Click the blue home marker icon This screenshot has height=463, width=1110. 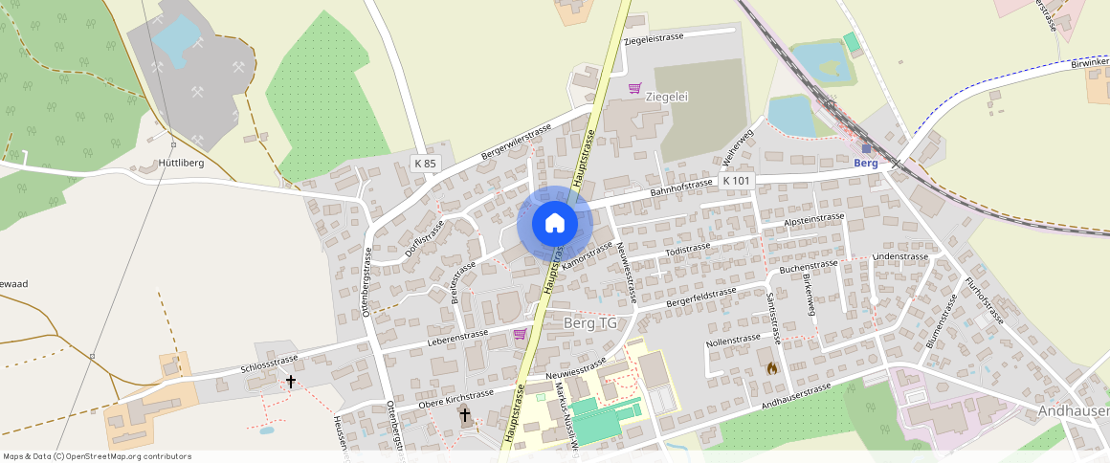555,224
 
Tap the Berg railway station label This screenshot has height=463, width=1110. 865,163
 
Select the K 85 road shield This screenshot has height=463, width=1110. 425,164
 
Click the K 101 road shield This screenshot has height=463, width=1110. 737,180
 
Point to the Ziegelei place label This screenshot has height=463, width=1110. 667,97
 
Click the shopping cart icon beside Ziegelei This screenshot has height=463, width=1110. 633,89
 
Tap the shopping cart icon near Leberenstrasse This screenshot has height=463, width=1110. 520,334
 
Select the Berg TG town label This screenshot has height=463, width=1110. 590,323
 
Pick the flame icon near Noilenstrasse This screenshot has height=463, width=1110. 772,367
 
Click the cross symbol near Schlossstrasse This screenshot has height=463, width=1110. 291,381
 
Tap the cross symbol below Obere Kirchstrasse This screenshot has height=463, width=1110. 465,414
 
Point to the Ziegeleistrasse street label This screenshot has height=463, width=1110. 654,37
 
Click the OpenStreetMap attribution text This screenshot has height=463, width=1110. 97,456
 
